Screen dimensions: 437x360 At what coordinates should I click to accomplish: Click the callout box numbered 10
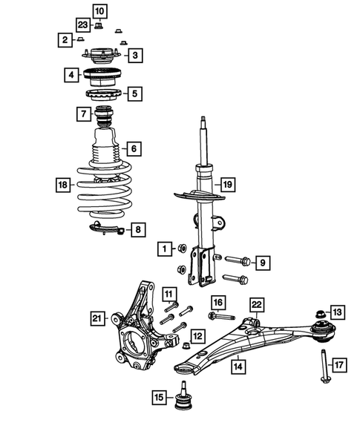point(99,10)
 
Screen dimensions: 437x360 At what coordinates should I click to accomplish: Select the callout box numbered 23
point(82,25)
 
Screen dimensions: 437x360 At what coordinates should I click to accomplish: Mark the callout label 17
point(338,365)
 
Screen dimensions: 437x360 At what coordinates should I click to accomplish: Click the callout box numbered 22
point(256,305)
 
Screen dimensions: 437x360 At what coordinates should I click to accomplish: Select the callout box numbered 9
point(261,262)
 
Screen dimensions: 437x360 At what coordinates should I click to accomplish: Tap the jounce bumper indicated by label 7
point(105,116)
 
